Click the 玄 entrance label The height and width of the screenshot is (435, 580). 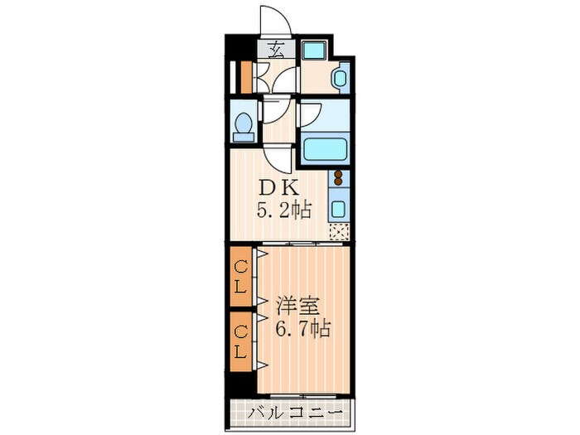click(x=277, y=49)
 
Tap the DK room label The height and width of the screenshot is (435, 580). click(x=278, y=189)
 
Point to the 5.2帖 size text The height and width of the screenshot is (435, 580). click(x=284, y=210)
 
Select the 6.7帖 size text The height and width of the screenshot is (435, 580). click(x=303, y=328)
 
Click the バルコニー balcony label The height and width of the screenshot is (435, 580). click(x=295, y=412)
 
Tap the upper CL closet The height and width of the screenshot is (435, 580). click(x=241, y=276)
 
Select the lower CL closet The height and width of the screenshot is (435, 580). click(x=241, y=341)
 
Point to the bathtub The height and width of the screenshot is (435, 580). click(x=325, y=148)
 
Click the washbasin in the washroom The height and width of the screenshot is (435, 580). click(x=340, y=78)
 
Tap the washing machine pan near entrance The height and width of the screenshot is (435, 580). click(x=313, y=50)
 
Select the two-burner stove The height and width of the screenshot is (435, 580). click(x=338, y=178)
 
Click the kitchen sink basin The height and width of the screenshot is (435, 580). click(x=338, y=209)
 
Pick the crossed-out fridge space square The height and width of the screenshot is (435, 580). click(x=338, y=232)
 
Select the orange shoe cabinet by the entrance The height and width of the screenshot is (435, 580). click(x=246, y=77)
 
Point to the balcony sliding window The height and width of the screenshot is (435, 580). click(x=303, y=396)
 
